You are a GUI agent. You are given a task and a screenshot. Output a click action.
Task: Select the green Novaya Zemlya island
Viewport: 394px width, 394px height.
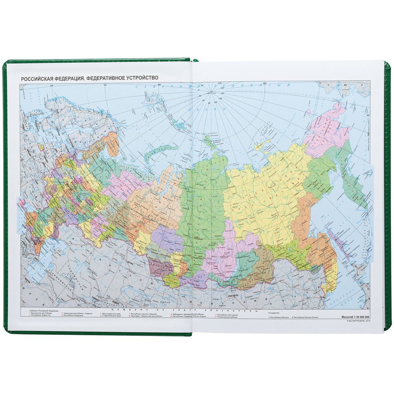160,152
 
